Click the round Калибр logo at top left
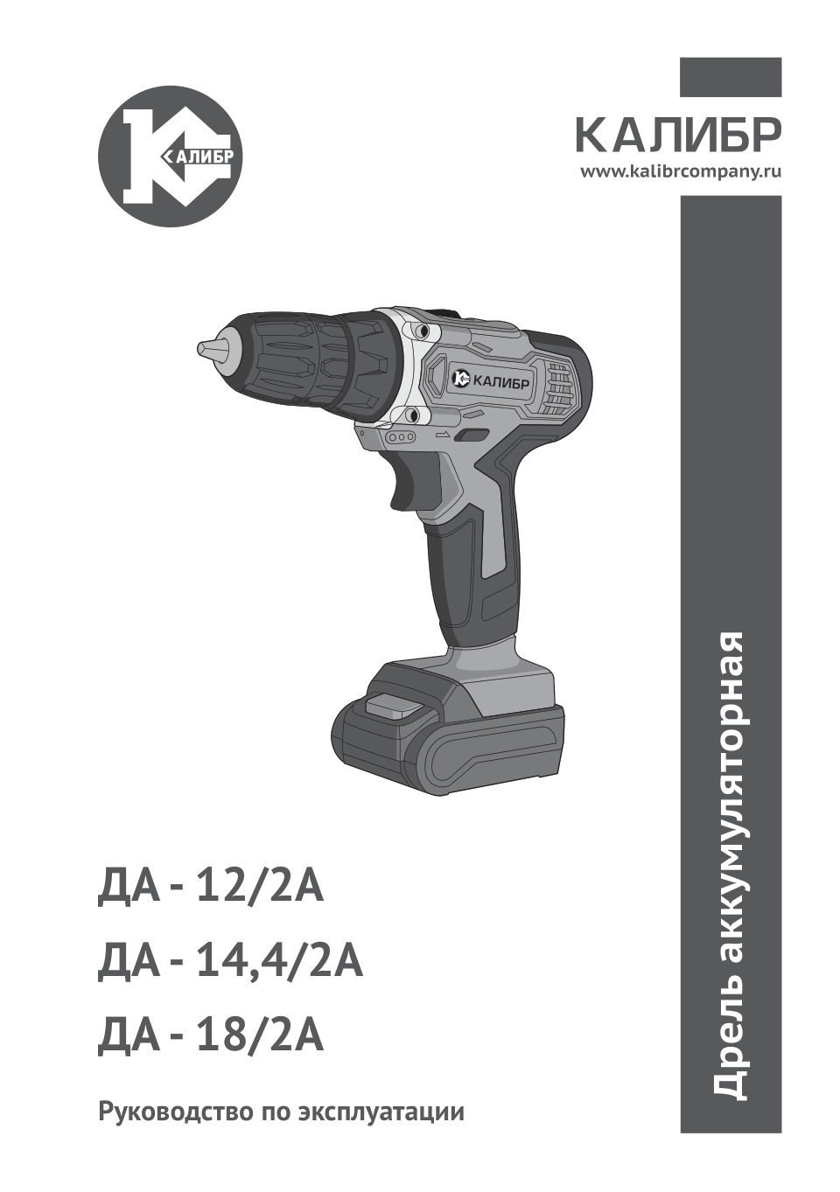point(171,158)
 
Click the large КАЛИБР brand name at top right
point(677,136)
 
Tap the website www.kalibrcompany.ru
point(681,172)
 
